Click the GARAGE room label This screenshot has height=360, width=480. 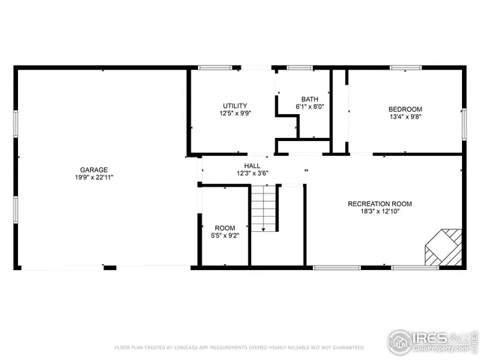[94, 169]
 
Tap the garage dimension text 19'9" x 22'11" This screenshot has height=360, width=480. [94, 178]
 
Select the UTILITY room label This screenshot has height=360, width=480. [235, 106]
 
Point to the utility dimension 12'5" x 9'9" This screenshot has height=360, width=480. [235, 114]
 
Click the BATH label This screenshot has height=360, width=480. [310, 99]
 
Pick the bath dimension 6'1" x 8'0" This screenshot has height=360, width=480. [310, 107]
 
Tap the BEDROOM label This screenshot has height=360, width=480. [405, 109]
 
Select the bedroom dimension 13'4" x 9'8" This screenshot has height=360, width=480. [405, 117]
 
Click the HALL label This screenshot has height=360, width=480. [252, 165]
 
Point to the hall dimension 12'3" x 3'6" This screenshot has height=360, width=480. [252, 173]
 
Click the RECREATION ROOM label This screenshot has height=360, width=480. [379, 203]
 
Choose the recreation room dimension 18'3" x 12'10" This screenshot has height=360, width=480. [379, 211]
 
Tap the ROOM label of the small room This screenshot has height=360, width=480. [225, 228]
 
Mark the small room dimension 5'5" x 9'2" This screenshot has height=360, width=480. [225, 236]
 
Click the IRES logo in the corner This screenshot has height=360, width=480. [431, 341]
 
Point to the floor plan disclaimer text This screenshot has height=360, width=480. [239, 348]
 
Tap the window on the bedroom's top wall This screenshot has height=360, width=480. [405, 67]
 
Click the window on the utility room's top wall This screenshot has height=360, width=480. [214, 67]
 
